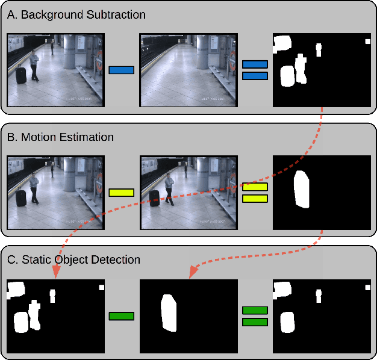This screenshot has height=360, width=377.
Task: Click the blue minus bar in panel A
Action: (x=121, y=70)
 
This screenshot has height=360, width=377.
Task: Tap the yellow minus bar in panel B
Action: (x=121, y=193)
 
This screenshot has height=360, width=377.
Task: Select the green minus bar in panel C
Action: (x=121, y=316)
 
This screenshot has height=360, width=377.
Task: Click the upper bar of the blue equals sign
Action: (x=254, y=64)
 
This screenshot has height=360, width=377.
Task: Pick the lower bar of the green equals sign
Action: (x=254, y=322)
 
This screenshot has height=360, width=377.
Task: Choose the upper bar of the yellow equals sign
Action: (x=254, y=187)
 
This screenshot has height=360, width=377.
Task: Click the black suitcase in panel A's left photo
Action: (x=21, y=75)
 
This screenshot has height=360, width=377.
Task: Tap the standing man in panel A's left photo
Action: (x=34, y=64)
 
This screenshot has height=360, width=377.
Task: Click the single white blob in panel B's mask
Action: (x=302, y=190)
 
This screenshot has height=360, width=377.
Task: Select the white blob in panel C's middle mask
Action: (x=169, y=313)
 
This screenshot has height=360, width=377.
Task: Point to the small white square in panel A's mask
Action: (x=367, y=42)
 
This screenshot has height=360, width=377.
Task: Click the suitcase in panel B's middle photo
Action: (x=155, y=197)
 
